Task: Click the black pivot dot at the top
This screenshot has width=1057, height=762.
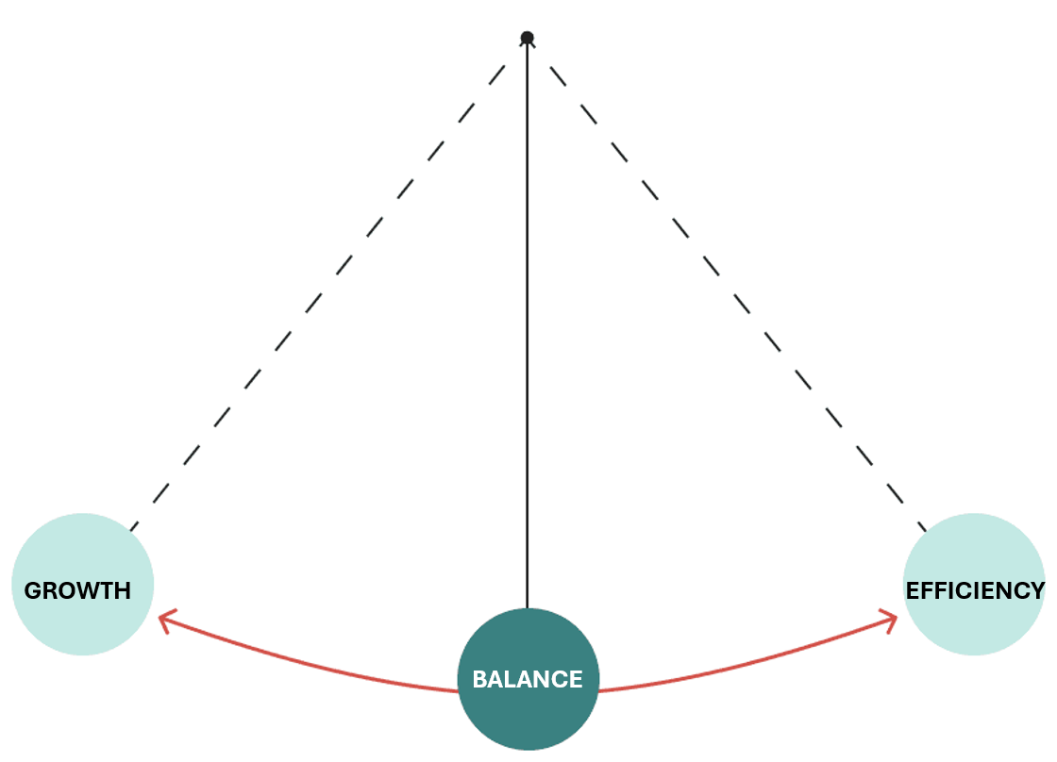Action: coord(528,38)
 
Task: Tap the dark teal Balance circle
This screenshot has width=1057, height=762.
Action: coord(528,717)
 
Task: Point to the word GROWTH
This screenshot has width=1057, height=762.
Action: coord(77,591)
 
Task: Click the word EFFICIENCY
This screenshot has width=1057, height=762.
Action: coord(975,591)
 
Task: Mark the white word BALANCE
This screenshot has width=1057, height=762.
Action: coord(528,679)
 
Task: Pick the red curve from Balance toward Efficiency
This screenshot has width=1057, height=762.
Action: coord(746,668)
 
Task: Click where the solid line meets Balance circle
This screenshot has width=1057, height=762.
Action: coord(528,608)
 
